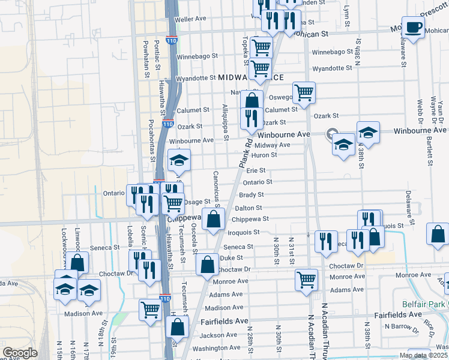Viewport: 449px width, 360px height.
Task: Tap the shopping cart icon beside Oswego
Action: (x=304, y=92)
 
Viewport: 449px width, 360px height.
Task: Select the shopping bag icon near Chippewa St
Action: (x=213, y=219)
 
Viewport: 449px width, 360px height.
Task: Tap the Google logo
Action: (x=20, y=353)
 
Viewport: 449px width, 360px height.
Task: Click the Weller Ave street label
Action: (x=190, y=19)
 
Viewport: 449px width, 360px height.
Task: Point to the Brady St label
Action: (x=251, y=194)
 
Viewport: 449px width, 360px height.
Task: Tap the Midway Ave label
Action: (x=272, y=145)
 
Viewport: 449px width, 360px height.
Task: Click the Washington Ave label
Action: (x=217, y=348)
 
